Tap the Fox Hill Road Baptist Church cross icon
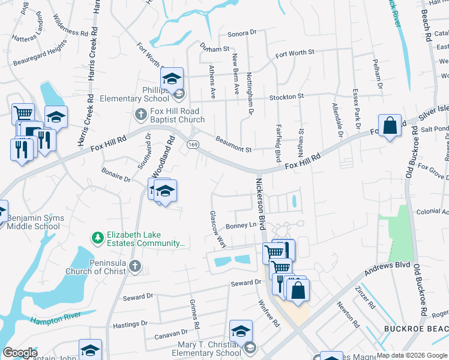point(140,113)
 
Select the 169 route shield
point(193,145)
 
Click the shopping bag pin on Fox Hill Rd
point(390,127)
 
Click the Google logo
point(20,353)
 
